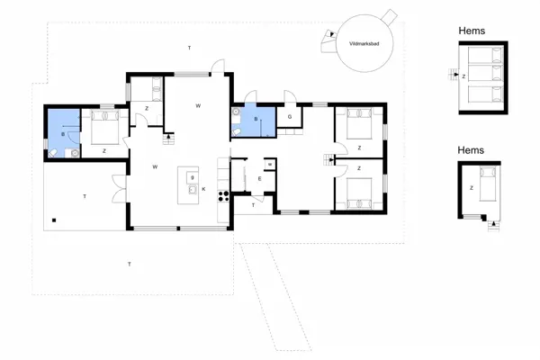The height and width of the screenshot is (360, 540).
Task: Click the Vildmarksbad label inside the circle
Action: pyautogui.click(x=363, y=43)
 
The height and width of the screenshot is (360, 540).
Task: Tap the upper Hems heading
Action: pyautogui.click(x=472, y=31)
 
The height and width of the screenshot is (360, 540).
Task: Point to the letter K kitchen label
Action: pyautogui.click(x=204, y=189)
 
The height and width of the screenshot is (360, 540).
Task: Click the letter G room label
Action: pyautogui.click(x=290, y=118)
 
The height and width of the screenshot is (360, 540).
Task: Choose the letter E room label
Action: pyautogui.click(x=259, y=179)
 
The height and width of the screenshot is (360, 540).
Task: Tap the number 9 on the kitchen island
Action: pyautogui.click(x=193, y=177)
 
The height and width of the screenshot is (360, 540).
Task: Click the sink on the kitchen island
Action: pyautogui.click(x=193, y=190)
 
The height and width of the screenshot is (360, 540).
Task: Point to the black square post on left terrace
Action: pyautogui.click(x=54, y=220)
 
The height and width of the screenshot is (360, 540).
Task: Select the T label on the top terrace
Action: pyautogui.click(x=189, y=47)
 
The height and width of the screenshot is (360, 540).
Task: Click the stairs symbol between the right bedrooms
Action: pyautogui.click(x=328, y=159)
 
